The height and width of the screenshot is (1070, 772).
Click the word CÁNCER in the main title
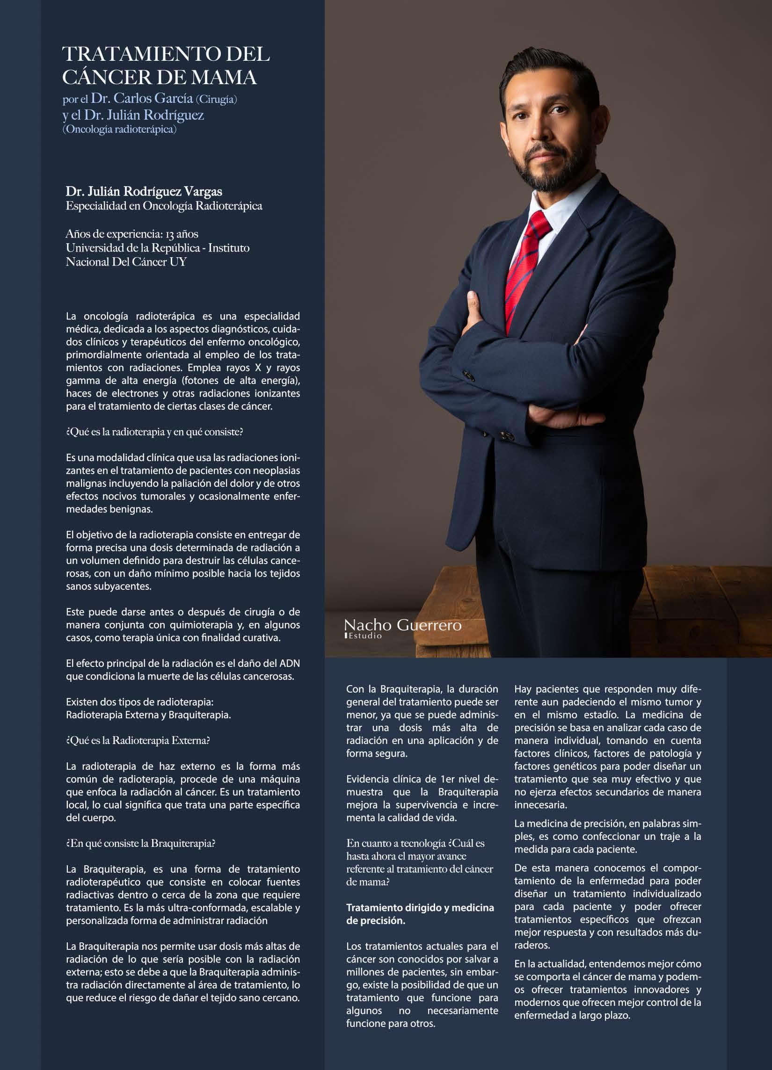107,77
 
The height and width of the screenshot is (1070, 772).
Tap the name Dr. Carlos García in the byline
142,99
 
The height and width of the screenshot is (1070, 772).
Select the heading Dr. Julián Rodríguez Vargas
144,192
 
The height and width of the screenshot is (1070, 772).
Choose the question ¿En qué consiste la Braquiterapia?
141,844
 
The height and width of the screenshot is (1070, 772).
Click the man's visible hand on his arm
472,307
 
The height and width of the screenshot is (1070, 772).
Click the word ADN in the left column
289,664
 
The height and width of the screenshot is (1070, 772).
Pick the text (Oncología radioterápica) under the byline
119,129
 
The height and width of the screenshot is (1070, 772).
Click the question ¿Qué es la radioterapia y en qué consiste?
154,432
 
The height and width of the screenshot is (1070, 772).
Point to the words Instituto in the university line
228,248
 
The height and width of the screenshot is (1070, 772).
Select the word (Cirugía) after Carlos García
217,100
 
